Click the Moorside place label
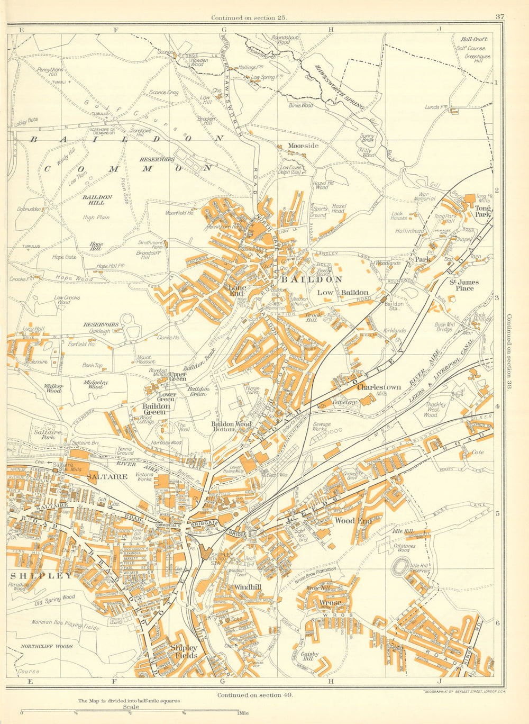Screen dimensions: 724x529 click(303, 146)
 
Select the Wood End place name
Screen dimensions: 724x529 click(353, 521)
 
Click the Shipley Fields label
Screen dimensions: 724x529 click(184, 651)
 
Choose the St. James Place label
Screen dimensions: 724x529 click(461, 285)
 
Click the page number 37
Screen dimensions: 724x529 click(499, 17)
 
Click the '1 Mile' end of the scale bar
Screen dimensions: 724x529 click(239, 712)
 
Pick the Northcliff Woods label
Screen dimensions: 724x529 click(47, 646)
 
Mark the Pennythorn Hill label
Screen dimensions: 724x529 click(50, 72)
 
